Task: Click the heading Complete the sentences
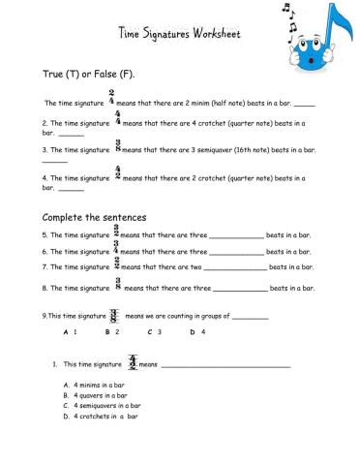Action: (x=94, y=217)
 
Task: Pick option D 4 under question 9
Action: (x=197, y=332)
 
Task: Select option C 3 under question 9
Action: (x=154, y=332)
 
